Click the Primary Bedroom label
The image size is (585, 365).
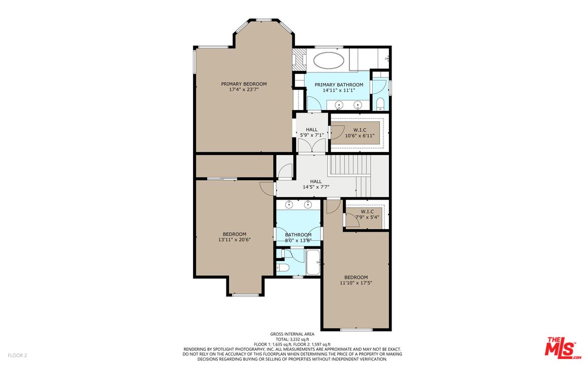pyautogui.click(x=244, y=84)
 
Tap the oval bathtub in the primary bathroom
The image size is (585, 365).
pyautogui.click(x=329, y=60)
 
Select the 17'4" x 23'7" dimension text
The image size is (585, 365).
pyautogui.click(x=244, y=89)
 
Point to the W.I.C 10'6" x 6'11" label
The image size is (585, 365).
pyautogui.click(x=360, y=133)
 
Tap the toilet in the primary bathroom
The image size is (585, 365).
pyautogui.click(x=380, y=103)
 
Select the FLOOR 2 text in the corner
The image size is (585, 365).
pyautogui.click(x=17, y=355)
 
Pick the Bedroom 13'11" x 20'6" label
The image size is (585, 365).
pyautogui.click(x=234, y=237)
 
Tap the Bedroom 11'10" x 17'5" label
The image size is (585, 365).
pyautogui.click(x=356, y=280)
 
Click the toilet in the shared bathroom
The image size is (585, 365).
pyautogui.click(x=282, y=268)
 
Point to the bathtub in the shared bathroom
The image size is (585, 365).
pyautogui.click(x=313, y=262)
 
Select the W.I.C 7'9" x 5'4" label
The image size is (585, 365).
pyautogui.click(x=367, y=214)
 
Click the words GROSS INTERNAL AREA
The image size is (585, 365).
pyautogui.click(x=292, y=334)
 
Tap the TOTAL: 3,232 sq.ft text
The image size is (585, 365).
pyautogui.click(x=292, y=339)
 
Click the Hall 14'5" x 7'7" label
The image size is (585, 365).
pyautogui.click(x=316, y=185)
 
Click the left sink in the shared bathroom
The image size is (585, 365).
pyautogui.click(x=289, y=204)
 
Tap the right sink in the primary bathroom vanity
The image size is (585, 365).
pyautogui.click(x=358, y=104)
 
